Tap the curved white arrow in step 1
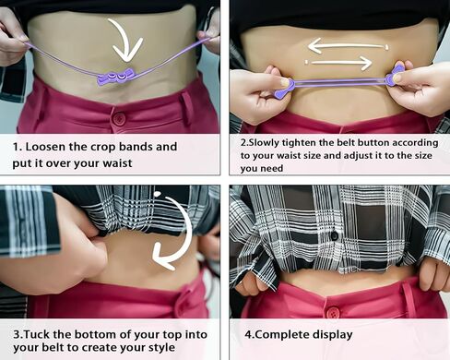point(131,40)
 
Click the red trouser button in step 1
point(119,119)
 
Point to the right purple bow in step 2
point(395,76)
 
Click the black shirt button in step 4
point(334,236)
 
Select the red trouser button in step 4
point(332,313)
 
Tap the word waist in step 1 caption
point(117,163)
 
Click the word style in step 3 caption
point(161,348)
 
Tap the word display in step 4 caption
point(333,335)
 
